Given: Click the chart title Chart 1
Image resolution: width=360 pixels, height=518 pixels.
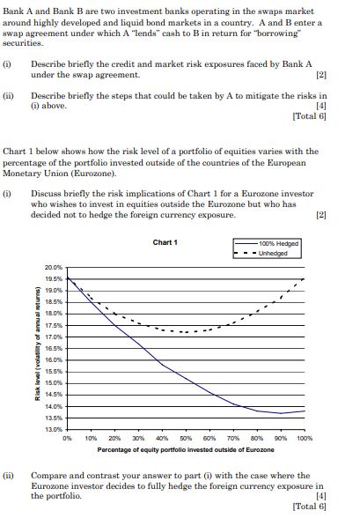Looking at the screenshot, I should coord(165,242).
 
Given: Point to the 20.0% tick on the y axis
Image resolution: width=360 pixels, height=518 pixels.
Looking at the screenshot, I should coord(54,267).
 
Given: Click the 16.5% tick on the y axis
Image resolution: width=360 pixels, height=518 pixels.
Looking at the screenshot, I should coord(54,347).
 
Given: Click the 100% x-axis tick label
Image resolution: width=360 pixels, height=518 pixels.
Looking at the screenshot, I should coord(305,437).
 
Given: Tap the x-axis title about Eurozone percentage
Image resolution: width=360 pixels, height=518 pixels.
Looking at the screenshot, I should coord(186,449).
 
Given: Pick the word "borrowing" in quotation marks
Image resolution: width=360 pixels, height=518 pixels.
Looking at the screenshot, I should coord(303,32).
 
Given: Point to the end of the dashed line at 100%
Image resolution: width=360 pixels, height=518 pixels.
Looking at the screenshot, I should coord(305,278).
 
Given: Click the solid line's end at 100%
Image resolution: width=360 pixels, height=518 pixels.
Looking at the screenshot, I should coord(305,411).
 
